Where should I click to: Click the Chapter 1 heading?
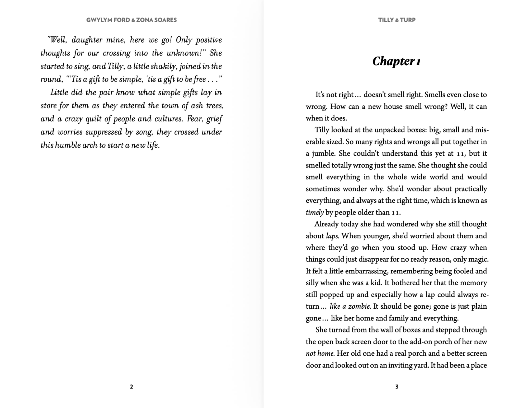point(396,61)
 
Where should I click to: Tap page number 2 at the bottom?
point(131,387)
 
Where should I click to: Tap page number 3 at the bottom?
point(397,387)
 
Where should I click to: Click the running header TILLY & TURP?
point(397,20)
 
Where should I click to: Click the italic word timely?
point(315,212)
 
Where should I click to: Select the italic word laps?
point(332,236)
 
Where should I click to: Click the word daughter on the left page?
point(87,40)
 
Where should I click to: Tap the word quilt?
point(93,119)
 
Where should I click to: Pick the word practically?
point(471,189)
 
